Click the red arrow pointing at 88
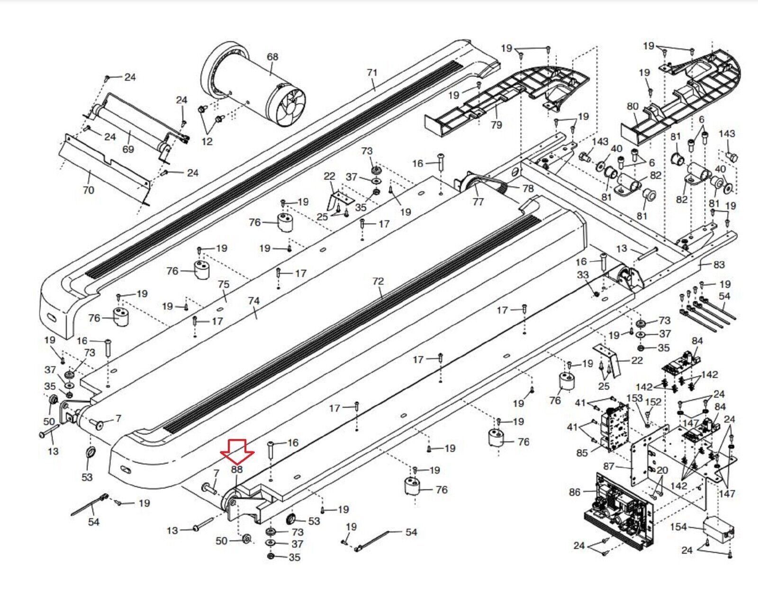pos(237,450)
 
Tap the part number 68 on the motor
pos(272,57)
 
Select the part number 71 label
pos(372,73)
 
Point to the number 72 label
pos(378,281)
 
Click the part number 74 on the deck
pos(254,301)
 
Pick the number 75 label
pos(224,284)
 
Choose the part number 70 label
pos(89,190)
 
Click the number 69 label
pos(128,149)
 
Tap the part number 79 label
pos(496,125)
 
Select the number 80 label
pos(633,106)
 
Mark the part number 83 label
pos(719,265)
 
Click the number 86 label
pos(575,492)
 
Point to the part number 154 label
pos(678,527)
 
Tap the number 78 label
pos(528,188)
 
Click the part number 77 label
pos(478,201)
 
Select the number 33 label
pos(583,275)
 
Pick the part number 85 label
pos(582,453)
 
